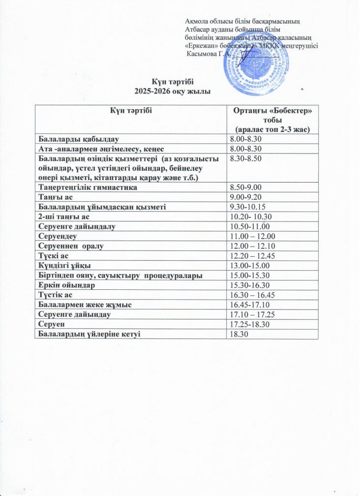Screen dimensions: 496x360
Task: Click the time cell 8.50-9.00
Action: click(x=246, y=187)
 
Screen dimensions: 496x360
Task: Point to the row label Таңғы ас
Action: click(x=52, y=197)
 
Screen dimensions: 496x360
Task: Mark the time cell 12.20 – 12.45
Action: click(x=251, y=255)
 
